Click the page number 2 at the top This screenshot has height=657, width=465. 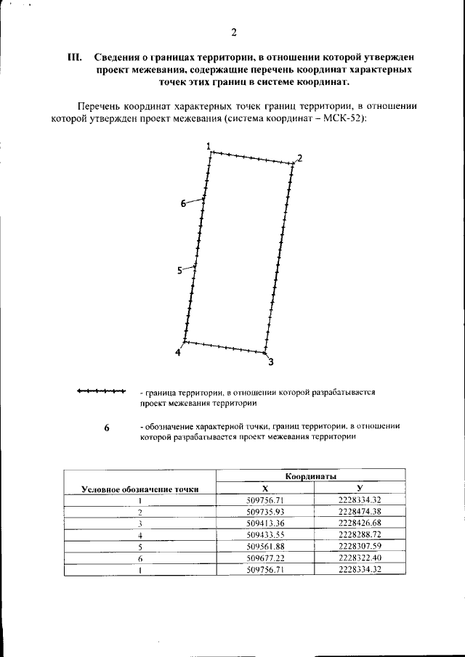(233, 31)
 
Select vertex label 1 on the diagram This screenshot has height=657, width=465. (209, 147)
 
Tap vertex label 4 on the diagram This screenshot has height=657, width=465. (178, 353)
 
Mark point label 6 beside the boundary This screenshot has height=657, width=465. (183, 204)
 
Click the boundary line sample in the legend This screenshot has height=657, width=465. (101, 392)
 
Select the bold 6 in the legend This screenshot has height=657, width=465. (106, 428)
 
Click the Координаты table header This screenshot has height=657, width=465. (310, 477)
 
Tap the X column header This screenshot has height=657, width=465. (265, 489)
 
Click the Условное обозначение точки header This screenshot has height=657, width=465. (140, 489)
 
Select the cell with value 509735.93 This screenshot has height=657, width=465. (265, 511)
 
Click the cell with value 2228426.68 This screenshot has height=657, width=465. (360, 523)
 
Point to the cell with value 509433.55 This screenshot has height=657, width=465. (265, 534)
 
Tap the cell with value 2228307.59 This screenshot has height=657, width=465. (360, 546)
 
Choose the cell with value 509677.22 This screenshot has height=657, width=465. (265, 558)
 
